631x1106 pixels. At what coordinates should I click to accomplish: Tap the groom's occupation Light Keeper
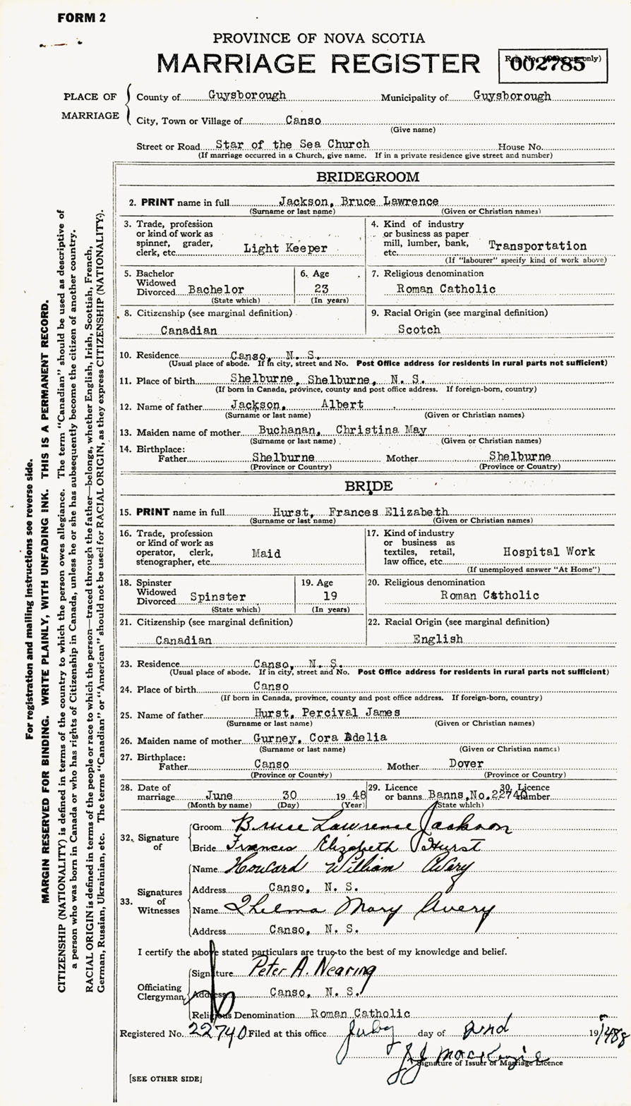click(276, 247)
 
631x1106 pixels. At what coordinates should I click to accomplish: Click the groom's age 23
click(330, 288)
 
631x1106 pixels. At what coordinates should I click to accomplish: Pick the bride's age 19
click(330, 595)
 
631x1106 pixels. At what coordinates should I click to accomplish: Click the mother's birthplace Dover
click(466, 764)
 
